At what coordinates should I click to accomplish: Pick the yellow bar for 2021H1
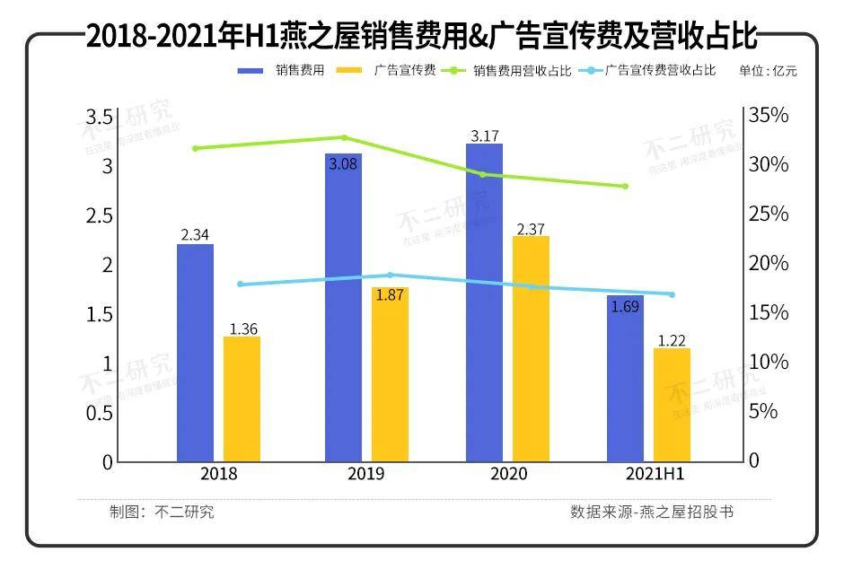coord(672,405)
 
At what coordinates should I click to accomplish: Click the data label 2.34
coord(195,235)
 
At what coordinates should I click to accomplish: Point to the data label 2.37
coord(531,229)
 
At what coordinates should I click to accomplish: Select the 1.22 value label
coord(672,340)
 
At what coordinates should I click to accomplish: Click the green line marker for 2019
coord(343,137)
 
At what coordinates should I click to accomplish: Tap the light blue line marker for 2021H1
coord(672,294)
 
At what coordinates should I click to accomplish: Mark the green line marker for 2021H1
coord(625,187)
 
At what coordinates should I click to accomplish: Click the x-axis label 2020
coord(509,474)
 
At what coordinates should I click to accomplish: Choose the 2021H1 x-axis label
coord(649,474)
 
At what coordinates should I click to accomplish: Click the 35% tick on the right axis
coord(769,116)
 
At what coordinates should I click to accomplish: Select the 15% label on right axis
coord(769,313)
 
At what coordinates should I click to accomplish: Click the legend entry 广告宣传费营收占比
coord(660,70)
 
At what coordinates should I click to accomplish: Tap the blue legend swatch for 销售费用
coord(251,70)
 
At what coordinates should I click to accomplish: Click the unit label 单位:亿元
coord(768,70)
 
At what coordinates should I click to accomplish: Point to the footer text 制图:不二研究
coord(162,512)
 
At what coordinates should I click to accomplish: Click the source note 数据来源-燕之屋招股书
coord(652,512)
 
